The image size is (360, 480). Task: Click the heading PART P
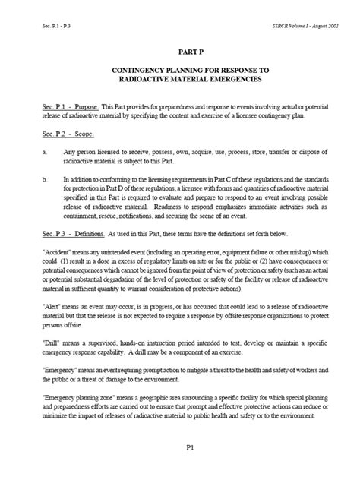pyautogui.click(x=180, y=55)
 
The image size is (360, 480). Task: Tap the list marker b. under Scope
pyautogui.click(x=45, y=180)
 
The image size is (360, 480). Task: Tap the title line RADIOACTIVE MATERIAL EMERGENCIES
pyautogui.click(x=180, y=80)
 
